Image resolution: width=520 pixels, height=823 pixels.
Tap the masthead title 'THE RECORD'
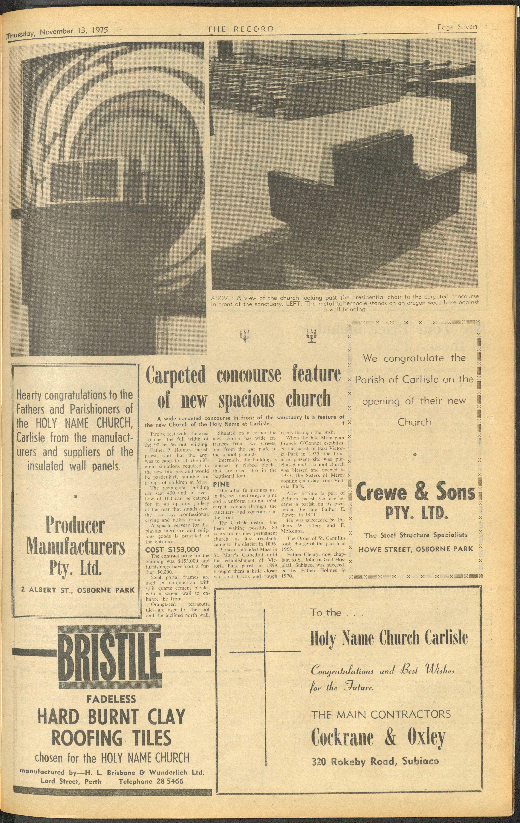click(240, 29)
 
